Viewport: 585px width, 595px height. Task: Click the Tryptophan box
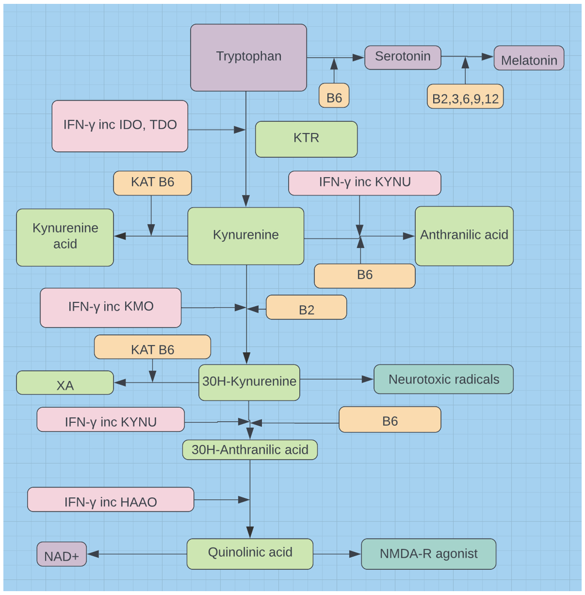coord(249,58)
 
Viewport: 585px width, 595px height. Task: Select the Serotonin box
coord(403,58)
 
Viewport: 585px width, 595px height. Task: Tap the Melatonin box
coord(529,59)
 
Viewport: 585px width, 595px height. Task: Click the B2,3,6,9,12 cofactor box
coord(465,97)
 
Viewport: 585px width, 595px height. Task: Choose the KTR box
coord(306,139)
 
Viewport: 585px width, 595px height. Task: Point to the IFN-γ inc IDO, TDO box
coord(120,126)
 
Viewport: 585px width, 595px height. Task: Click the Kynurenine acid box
coord(65,238)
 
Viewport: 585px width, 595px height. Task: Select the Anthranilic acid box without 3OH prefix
coord(464,236)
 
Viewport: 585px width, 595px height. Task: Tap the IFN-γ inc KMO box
coord(111,308)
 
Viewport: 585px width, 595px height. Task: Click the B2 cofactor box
coord(307,308)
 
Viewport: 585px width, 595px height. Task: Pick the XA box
coord(65,383)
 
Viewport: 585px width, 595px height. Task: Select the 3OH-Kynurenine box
coord(249,383)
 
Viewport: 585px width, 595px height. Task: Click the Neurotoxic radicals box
coord(443,379)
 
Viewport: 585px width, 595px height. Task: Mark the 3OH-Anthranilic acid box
coord(250,450)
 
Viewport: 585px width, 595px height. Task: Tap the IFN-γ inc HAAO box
coord(111,500)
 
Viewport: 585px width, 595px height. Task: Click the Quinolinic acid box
coord(250,554)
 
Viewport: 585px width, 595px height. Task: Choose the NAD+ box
coord(62,554)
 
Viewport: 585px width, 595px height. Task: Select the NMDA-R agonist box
coord(428,554)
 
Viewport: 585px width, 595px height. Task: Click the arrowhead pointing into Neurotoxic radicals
coord(368,379)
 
